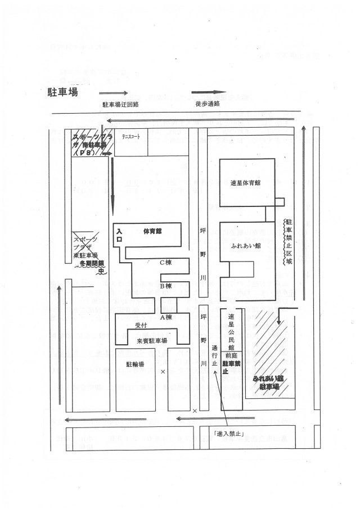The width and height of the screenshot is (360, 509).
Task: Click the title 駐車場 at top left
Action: pos(62,93)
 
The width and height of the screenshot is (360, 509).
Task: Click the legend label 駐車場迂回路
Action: pos(120,105)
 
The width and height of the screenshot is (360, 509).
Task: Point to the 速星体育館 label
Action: pos(247,183)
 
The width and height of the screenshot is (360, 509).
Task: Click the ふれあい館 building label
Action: pos(245,246)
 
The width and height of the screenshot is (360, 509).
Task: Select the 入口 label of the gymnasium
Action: pos(119,235)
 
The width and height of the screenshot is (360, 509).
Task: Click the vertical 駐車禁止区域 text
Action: pos(289,242)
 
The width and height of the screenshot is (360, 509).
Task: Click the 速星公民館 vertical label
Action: pos(231,332)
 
